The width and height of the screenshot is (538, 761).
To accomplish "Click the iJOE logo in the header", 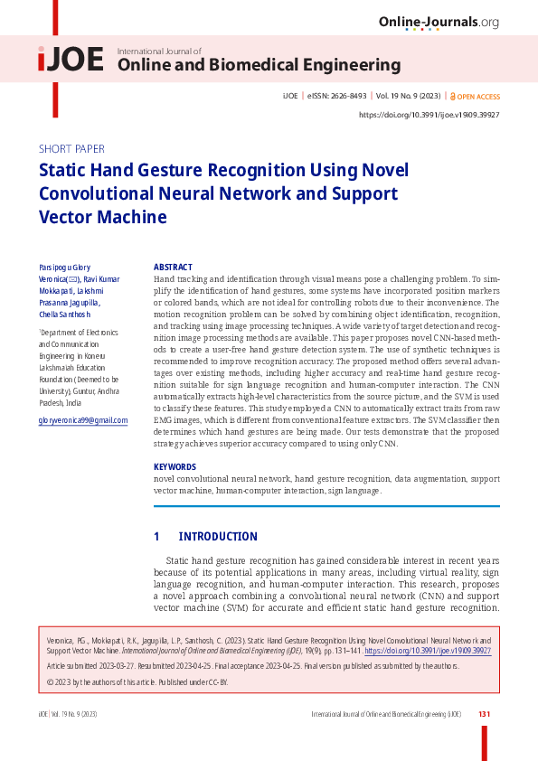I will tap(71, 61).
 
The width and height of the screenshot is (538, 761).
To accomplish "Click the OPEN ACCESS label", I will tap(476, 97).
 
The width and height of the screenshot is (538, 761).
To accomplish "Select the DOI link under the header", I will tap(429, 115).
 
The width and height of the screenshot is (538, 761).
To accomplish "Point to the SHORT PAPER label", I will tap(71, 149).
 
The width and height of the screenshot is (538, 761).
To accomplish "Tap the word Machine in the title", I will tap(128, 217).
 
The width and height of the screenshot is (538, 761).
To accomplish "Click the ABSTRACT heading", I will tap(173, 268).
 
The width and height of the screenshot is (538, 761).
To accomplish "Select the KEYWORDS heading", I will tap(175, 466).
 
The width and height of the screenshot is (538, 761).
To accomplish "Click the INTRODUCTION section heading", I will tap(218, 537).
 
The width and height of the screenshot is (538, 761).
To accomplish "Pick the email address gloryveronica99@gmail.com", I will tap(83, 421).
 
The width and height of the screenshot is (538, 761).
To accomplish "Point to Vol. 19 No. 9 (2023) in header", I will tap(408, 97).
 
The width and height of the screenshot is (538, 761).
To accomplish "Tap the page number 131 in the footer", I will tap(484, 714).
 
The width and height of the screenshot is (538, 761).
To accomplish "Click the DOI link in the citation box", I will tap(427, 650).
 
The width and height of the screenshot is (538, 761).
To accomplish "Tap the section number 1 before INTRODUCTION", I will tap(156, 537).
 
